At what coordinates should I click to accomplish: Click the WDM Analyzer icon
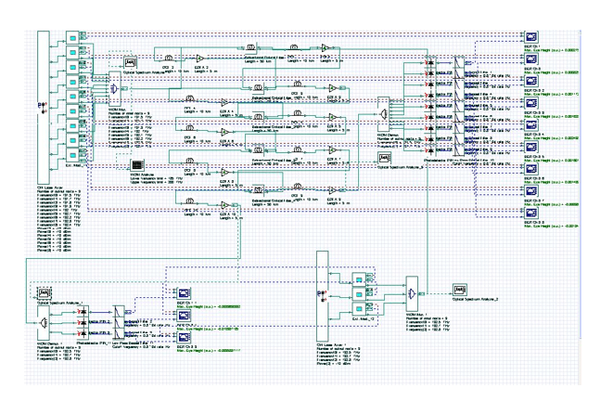pyautogui.click(x=135, y=167)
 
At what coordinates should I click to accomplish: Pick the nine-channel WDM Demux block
pyautogui.click(x=383, y=114)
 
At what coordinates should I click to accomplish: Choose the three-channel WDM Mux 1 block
pyautogui.click(x=410, y=291)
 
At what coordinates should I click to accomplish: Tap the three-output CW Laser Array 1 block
pyautogui.click(x=324, y=289)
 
